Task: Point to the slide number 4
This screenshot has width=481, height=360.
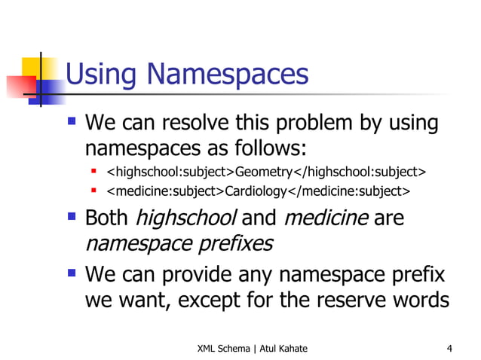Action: pyautogui.click(x=449, y=348)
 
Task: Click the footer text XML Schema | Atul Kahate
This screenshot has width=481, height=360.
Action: pyautogui.click(x=252, y=348)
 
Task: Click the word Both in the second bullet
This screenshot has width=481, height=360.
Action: pyautogui.click(x=107, y=218)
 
